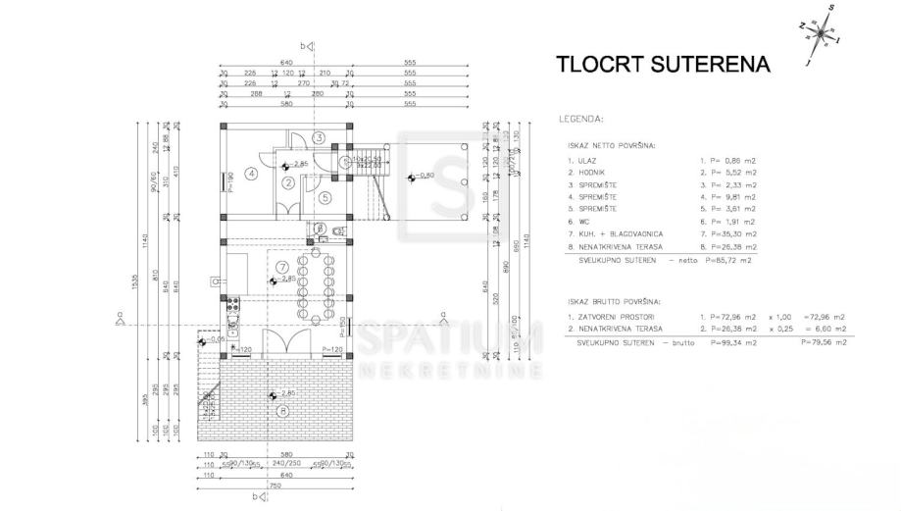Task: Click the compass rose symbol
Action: (822, 32)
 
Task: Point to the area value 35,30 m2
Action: (730, 233)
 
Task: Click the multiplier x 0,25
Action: (780, 330)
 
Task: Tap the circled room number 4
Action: (252, 175)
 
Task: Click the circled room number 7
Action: (281, 267)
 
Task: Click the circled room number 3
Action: (319, 137)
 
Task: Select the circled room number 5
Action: (325, 195)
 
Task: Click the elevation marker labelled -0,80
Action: (423, 176)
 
